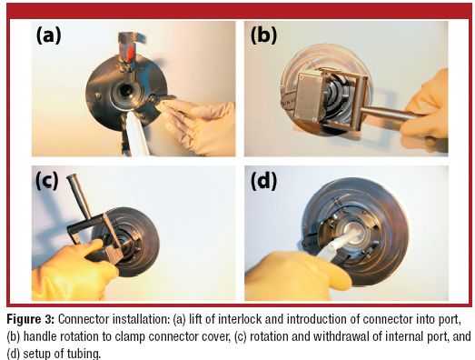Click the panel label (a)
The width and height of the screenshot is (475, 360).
coord(49,35)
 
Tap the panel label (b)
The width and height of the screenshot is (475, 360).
coord(263,35)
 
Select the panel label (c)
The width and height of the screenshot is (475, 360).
coord(47,181)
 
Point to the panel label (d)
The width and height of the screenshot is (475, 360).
coord(263,182)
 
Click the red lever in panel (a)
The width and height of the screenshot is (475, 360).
coord(131,54)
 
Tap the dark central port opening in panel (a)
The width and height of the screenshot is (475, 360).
coord(124,89)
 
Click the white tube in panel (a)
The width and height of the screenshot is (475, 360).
coord(137,135)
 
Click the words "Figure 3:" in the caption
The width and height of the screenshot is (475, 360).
coord(31,319)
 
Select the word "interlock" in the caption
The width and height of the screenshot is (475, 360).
coord(242,319)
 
